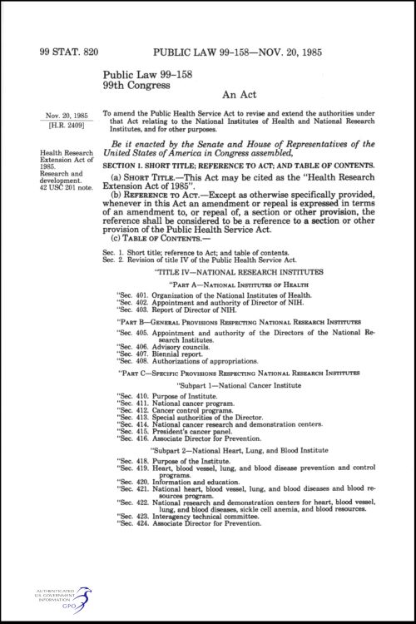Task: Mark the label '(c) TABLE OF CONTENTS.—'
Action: point(153,240)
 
